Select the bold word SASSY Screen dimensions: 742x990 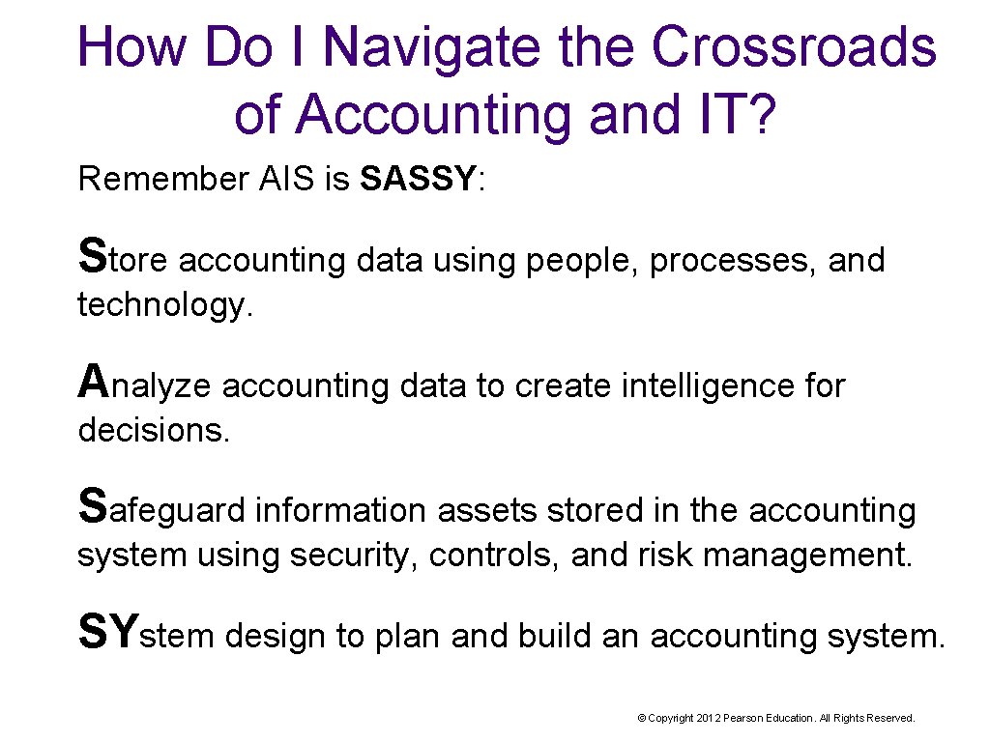(x=418, y=179)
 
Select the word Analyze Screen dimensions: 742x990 (x=145, y=384)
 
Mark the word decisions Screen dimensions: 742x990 (x=154, y=430)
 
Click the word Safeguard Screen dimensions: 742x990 (x=161, y=508)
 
